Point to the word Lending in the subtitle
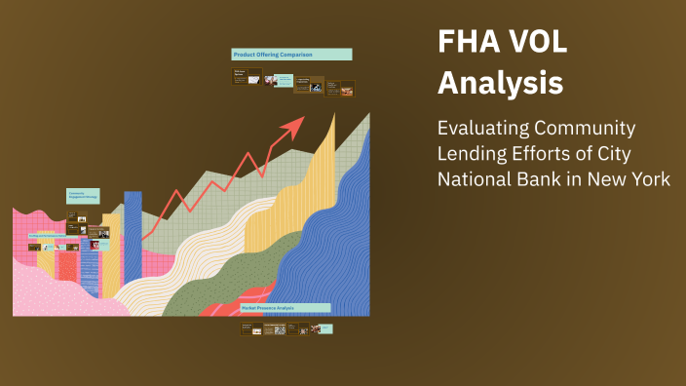(x=470, y=154)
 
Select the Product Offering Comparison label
(x=291, y=55)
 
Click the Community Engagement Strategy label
(x=82, y=195)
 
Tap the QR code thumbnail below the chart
(x=280, y=329)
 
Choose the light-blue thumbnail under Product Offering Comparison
(x=286, y=80)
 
